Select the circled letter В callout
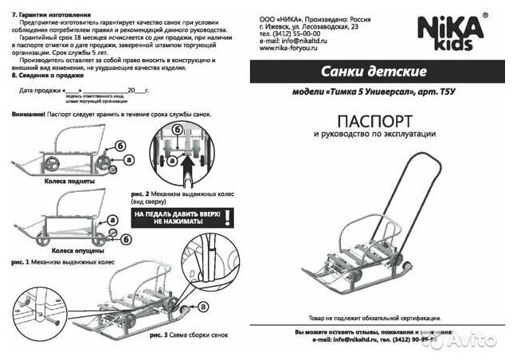tap(202, 305)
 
